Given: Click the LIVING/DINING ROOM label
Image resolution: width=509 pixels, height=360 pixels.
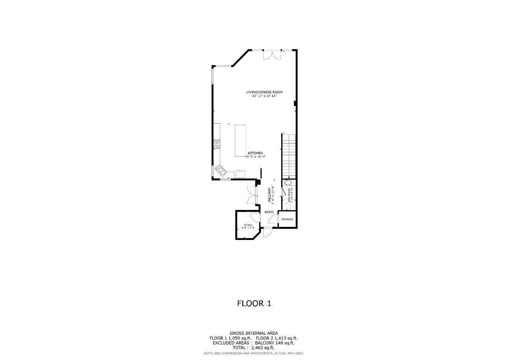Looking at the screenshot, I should (x=264, y=92).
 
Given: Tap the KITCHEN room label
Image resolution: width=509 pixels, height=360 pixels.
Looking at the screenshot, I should (x=255, y=153).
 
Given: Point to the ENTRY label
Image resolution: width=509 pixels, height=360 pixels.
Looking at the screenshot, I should (x=269, y=212).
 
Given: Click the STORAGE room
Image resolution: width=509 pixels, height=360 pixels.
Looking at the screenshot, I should (x=287, y=219).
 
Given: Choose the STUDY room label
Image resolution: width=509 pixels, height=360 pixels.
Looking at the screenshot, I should (x=247, y=225).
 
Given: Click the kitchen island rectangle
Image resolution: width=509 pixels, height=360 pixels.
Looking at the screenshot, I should (x=241, y=140).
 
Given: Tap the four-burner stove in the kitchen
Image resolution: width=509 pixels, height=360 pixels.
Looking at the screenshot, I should (x=217, y=144).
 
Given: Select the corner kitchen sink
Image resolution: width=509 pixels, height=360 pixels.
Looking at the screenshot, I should (x=219, y=169).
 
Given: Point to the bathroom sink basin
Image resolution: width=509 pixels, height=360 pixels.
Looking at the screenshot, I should (x=289, y=183).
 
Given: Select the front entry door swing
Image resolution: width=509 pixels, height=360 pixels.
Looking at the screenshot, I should (x=268, y=232).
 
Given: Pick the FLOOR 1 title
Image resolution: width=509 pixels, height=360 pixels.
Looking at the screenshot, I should (x=254, y=303).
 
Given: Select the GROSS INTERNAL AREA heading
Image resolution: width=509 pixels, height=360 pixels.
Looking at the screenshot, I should (x=254, y=333).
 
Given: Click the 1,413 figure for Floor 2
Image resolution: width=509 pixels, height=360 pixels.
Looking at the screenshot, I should (x=277, y=338).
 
